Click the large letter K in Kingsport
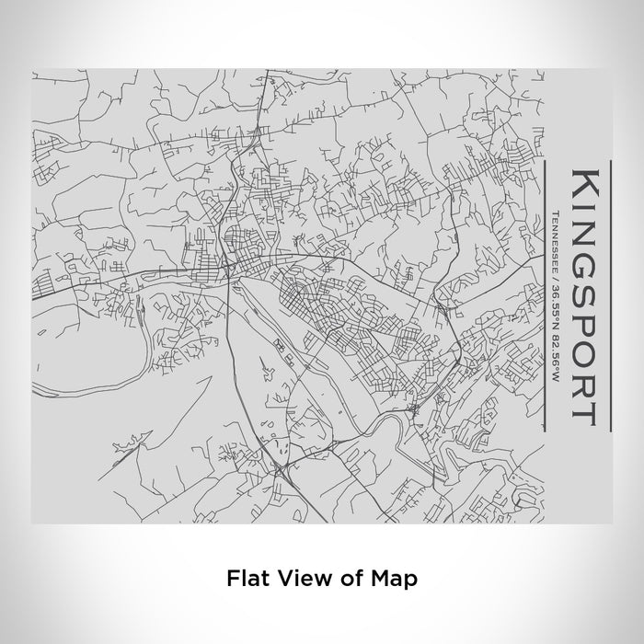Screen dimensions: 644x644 coord(588,183)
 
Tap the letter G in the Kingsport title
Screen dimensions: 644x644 coord(588,245)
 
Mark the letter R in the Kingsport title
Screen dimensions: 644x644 coord(588,370)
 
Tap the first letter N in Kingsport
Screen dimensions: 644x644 coord(588,218)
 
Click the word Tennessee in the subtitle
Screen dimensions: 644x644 coord(558,239)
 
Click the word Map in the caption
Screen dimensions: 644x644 coord(395,579)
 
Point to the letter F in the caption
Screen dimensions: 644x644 coord(232,579)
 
